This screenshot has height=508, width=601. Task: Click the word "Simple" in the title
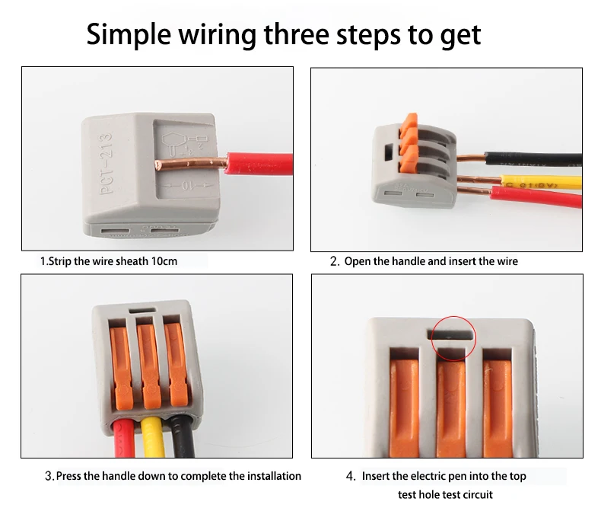[x=130, y=35]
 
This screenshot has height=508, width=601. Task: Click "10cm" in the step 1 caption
[x=164, y=261]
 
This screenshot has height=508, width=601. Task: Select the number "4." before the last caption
[x=350, y=476]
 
